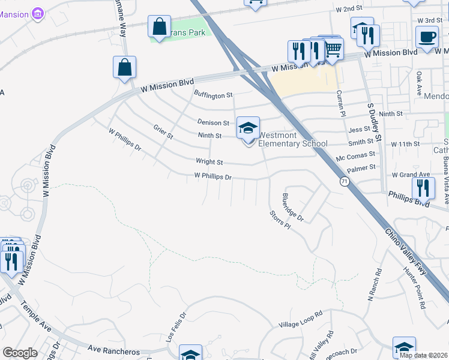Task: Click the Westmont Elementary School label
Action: point(293,140)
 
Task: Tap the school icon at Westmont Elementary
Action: point(248,128)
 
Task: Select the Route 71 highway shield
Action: point(344,181)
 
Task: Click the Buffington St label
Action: point(213,95)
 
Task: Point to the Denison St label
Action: point(214,122)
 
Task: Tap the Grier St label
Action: point(163,132)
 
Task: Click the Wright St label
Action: point(209,162)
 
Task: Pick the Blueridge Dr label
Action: point(293,207)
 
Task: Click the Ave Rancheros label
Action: point(113,351)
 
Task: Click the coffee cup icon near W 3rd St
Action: point(427,36)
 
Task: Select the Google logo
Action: point(20,353)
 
